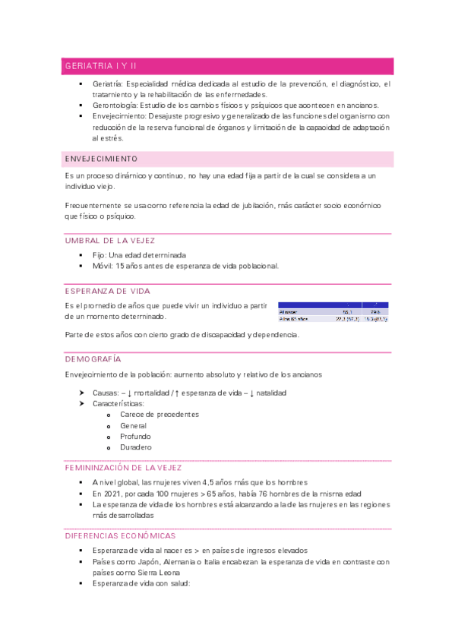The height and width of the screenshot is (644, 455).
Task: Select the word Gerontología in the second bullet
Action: click(x=118, y=105)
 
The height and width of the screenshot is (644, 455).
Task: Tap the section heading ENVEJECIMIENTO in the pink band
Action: click(x=102, y=159)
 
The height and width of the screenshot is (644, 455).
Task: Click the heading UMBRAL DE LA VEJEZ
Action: click(x=110, y=241)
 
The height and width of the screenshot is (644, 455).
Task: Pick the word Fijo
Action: click(x=100, y=255)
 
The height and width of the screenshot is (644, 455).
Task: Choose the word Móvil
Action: click(x=103, y=267)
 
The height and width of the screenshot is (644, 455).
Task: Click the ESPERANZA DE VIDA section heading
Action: click(x=107, y=291)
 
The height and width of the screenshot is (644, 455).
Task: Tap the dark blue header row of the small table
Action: click(x=333, y=305)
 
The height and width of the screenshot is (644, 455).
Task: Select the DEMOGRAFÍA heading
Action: click(x=93, y=358)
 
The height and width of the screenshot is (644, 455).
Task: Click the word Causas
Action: click(x=105, y=393)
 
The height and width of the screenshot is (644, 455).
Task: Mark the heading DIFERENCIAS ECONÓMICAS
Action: click(x=120, y=535)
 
